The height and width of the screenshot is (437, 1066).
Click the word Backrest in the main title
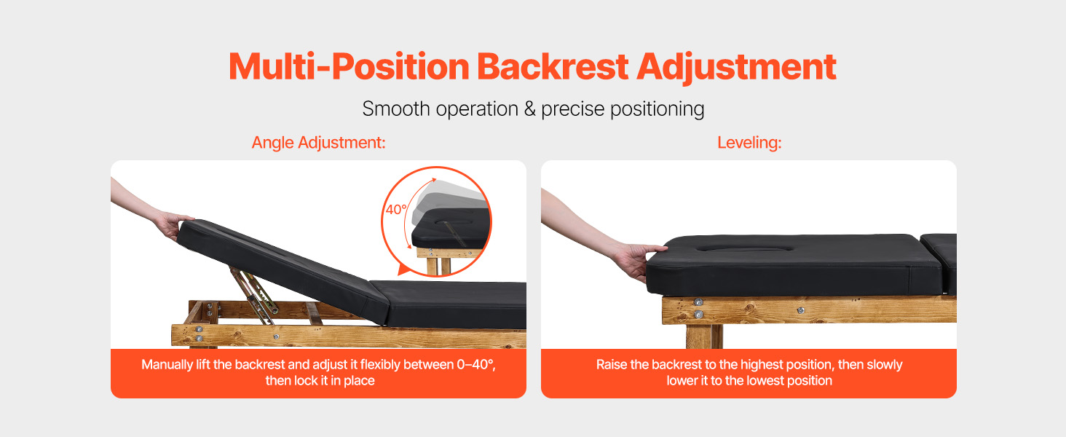pyautogui.click(x=553, y=66)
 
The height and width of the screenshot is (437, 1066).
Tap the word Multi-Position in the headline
pyautogui.click(x=350, y=66)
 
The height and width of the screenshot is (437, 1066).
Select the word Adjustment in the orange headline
pyautogui.click(x=736, y=68)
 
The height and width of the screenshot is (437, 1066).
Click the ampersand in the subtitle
pyautogui.click(x=529, y=109)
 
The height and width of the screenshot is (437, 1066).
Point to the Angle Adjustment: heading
pyautogui.click(x=318, y=142)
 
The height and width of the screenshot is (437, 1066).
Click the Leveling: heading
pyautogui.click(x=749, y=142)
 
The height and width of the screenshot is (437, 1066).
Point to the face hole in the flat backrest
pyautogui.click(x=745, y=248)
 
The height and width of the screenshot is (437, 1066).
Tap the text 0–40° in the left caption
pyautogui.click(x=475, y=365)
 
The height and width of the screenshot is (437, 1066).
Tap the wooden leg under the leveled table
pyautogui.click(x=704, y=336)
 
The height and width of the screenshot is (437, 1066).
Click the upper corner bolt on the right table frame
pyautogui.click(x=698, y=302)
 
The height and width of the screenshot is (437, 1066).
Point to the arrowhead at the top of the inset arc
pyautogui.click(x=433, y=181)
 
